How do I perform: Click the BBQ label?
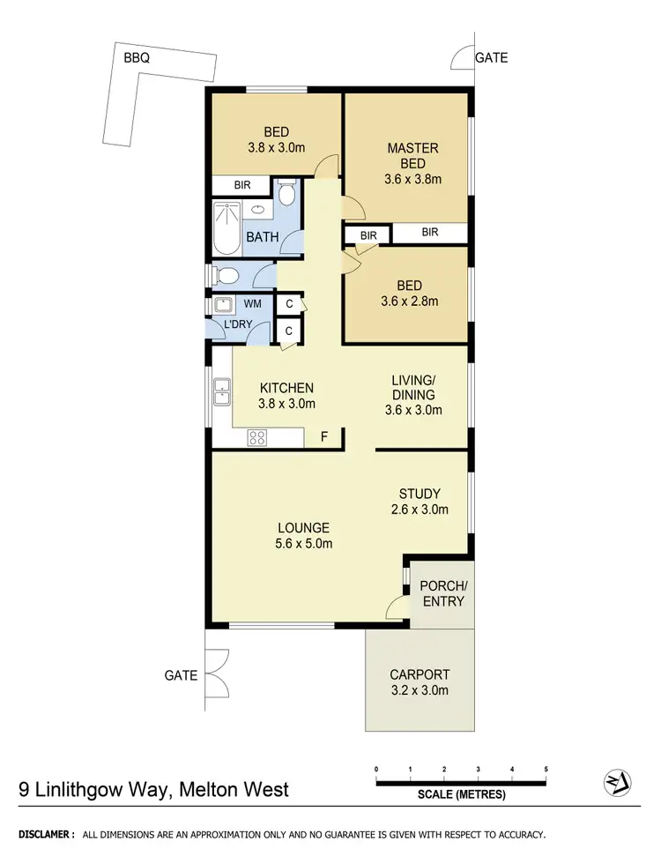[x=137, y=58]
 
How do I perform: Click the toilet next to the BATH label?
[x=287, y=194]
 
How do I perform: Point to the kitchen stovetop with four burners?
[x=257, y=435]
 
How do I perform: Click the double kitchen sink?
[x=221, y=391]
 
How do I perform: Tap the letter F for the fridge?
[x=323, y=435]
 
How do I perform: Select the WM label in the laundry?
[x=252, y=304]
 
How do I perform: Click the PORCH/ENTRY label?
[x=442, y=593]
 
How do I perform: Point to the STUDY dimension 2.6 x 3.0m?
[x=419, y=510]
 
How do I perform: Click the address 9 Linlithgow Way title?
[x=153, y=788]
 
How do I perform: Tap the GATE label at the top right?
[x=491, y=58]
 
